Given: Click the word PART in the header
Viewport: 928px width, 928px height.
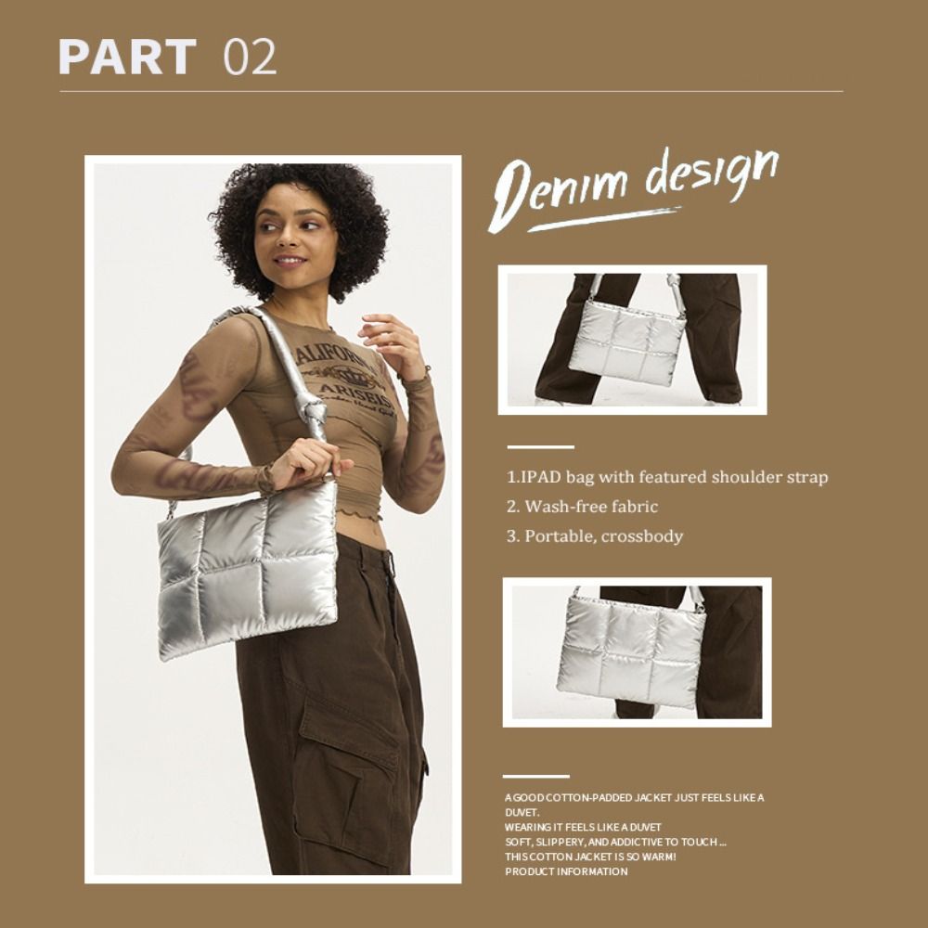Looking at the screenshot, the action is [127, 57].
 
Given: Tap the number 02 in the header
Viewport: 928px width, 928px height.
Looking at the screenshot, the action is [250, 57].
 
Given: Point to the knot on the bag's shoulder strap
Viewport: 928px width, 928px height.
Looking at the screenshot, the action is [314, 409].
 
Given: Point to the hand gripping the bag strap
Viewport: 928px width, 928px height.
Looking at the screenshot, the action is [308, 461].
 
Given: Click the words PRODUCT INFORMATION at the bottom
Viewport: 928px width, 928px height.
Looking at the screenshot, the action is [566, 871].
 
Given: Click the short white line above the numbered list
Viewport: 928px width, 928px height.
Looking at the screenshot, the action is [540, 447].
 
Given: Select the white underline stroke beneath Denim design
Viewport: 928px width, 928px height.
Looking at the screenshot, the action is [604, 218].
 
